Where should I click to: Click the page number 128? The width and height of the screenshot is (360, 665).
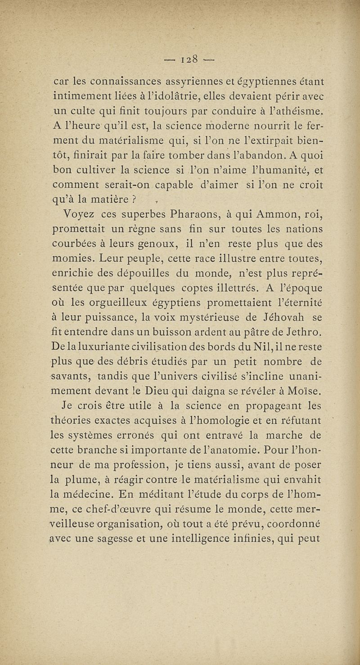coord(192,59)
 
